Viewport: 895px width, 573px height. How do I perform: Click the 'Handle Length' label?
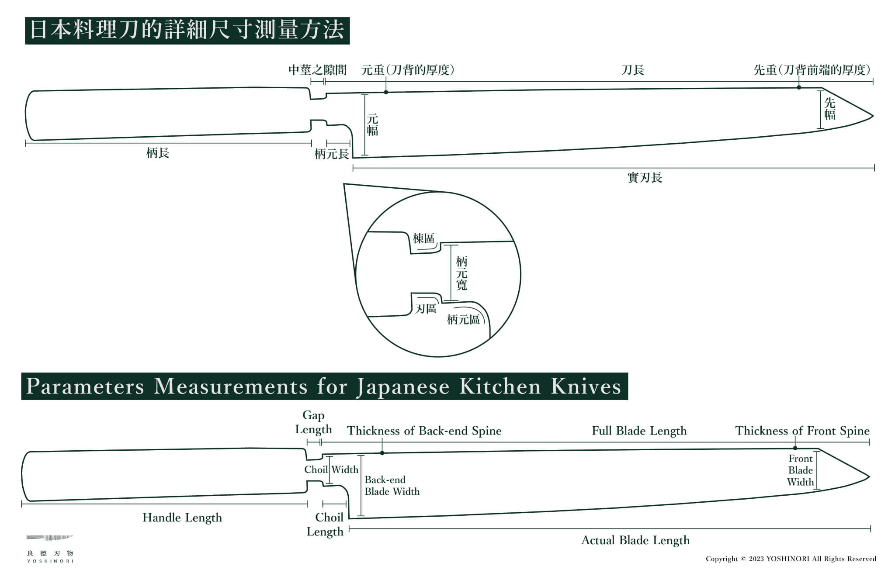click(x=182, y=518)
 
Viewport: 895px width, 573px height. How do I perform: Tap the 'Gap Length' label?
click(x=313, y=422)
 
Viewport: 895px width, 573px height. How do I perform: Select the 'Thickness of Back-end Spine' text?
click(x=424, y=431)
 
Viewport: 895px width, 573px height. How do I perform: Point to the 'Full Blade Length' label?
click(x=639, y=431)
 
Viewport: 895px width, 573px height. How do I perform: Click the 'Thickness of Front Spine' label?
click(x=802, y=431)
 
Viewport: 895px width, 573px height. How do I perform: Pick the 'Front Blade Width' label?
click(x=801, y=470)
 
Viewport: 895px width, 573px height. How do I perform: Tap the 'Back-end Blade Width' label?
click(x=392, y=486)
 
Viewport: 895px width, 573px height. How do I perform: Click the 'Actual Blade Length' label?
click(x=635, y=540)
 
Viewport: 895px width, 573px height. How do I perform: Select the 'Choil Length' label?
click(x=326, y=524)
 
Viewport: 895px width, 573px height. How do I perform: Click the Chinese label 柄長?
click(x=157, y=153)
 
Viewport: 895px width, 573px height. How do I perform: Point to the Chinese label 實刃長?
click(x=645, y=178)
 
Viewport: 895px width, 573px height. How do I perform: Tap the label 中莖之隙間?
click(x=317, y=70)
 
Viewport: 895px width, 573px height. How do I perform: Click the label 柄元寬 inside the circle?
click(x=461, y=273)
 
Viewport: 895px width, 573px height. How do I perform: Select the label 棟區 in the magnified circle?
click(x=423, y=238)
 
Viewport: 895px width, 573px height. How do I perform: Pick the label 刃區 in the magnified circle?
click(x=426, y=309)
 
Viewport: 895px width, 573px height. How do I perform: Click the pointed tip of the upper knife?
click(x=872, y=116)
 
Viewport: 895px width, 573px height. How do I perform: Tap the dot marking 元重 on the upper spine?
click(x=386, y=92)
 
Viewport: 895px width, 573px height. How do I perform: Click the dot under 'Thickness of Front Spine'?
click(x=795, y=448)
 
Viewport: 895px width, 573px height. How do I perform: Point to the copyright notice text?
click(x=791, y=559)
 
